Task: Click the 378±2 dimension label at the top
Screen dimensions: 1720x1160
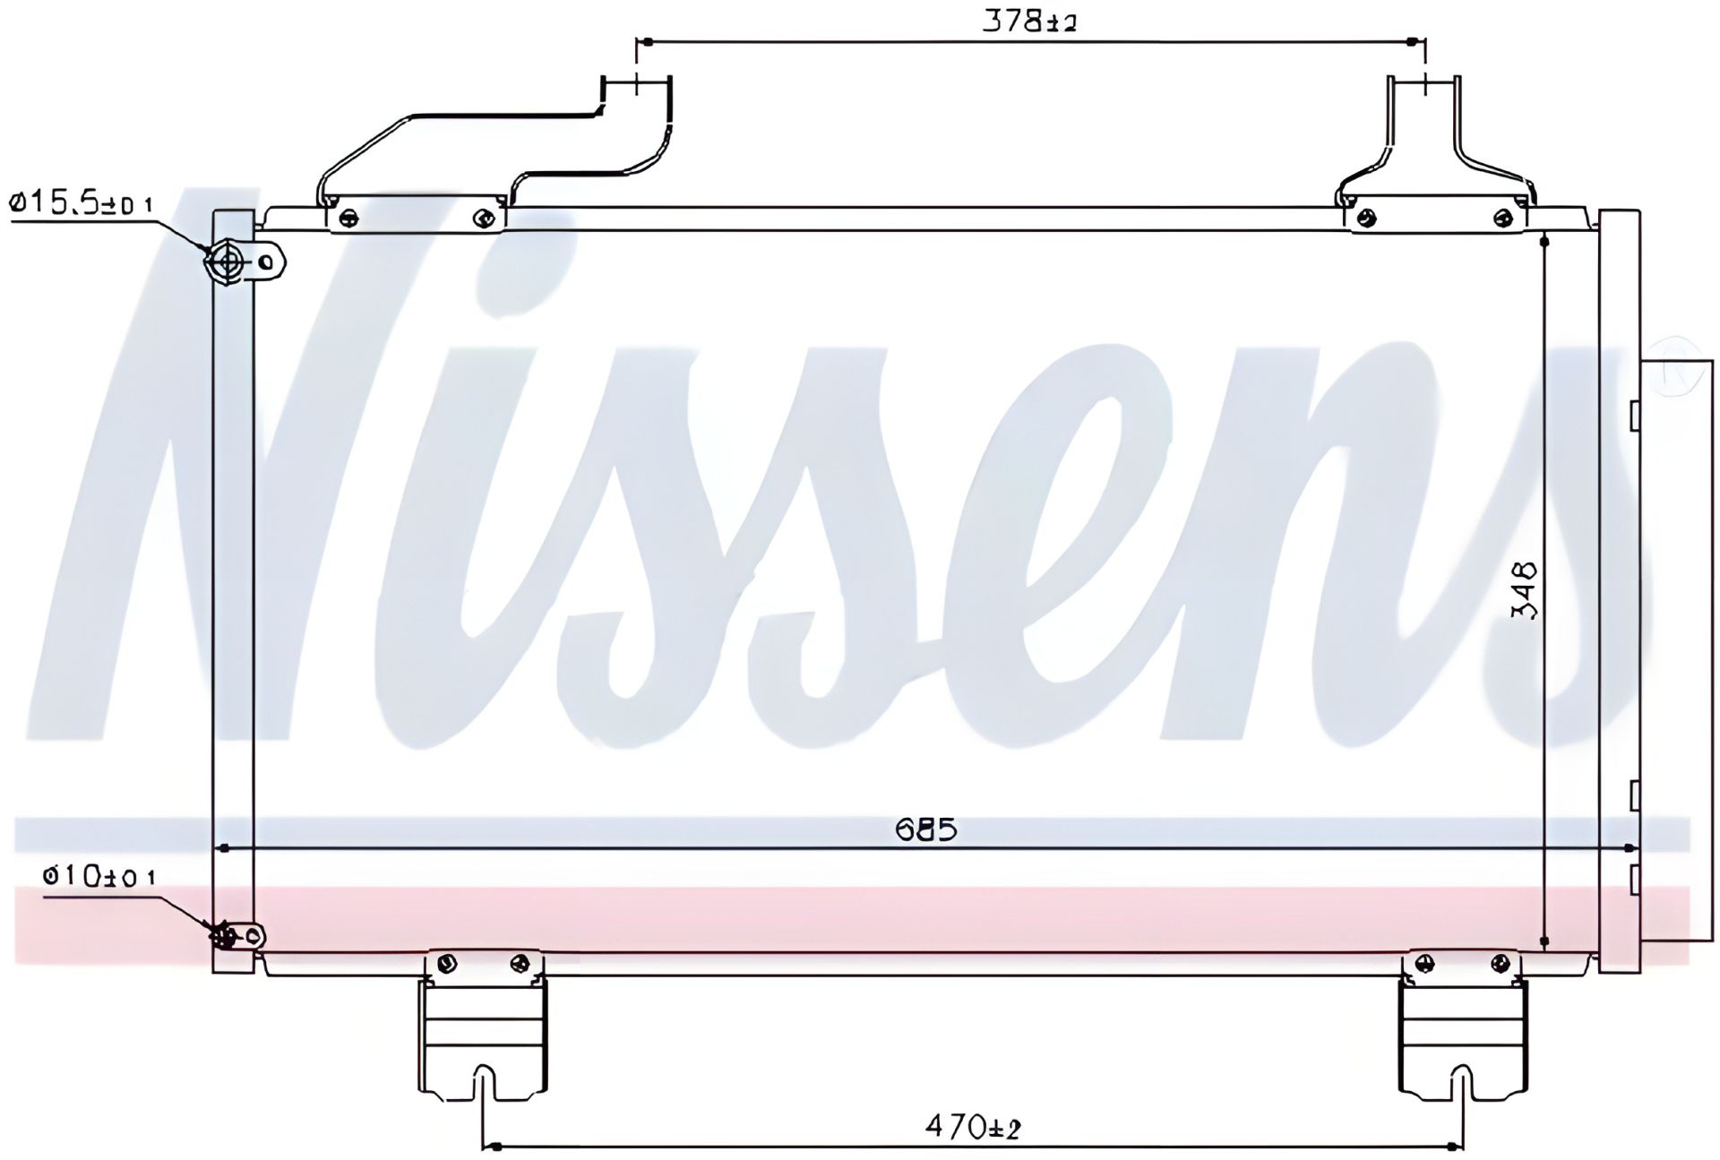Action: point(1029,21)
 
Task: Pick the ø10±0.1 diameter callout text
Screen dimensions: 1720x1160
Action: point(99,875)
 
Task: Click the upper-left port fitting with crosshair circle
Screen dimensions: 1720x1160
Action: point(228,262)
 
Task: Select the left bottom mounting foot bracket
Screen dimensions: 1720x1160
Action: point(482,1025)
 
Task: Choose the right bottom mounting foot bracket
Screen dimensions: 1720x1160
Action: point(1462,1025)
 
